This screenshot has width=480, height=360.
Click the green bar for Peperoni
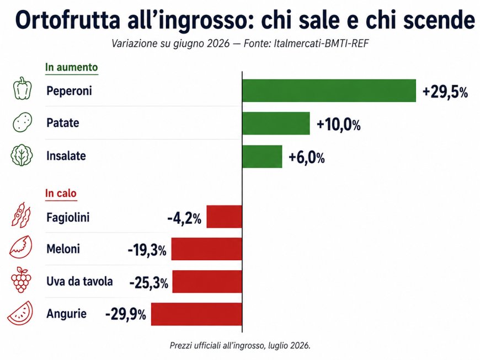[x=329, y=90]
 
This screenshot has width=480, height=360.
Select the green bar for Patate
[x=276, y=123]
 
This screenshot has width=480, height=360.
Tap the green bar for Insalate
[x=263, y=157]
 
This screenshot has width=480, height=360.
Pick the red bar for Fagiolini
[x=225, y=217]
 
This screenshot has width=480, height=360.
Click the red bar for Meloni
[x=207, y=249]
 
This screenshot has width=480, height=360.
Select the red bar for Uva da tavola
[x=207, y=281]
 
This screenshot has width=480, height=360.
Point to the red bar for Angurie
[x=196, y=314]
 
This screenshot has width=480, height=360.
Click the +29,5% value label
[x=445, y=92]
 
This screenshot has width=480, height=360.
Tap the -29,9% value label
[x=125, y=314]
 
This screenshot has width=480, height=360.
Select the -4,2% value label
[x=184, y=219]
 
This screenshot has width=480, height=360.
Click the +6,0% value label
[x=306, y=158]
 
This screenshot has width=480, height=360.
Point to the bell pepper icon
[x=23, y=88]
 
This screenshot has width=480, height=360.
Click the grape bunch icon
[x=21, y=280]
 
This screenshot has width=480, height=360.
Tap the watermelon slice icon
[x=20, y=313]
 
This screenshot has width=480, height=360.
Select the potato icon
[x=23, y=122]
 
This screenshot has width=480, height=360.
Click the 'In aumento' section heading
[x=71, y=67]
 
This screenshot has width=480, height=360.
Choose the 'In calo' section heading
[x=61, y=194]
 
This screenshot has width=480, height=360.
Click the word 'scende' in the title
[x=439, y=20]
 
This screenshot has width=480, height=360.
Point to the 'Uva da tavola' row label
[x=79, y=281]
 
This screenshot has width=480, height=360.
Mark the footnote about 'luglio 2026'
[x=240, y=346]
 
